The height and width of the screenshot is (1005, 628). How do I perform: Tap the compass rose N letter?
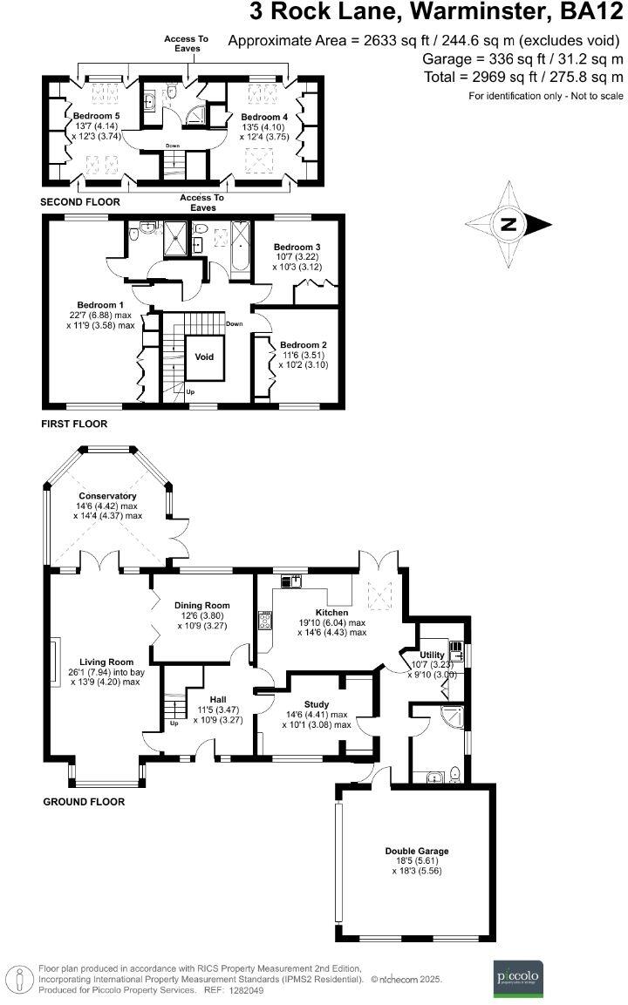pos(508,225)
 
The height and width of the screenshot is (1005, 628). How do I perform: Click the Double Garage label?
pos(416,851)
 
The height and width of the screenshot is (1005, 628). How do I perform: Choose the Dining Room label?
pos(202,605)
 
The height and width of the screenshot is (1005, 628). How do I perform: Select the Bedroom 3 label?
pos(298,247)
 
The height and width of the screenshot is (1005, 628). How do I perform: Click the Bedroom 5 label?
pos(97,116)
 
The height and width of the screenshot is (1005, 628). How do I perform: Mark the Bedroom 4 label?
pos(264,117)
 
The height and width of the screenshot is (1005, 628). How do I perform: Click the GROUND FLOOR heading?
pos(84,802)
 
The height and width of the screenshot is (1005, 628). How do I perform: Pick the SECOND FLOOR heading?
pos(80,202)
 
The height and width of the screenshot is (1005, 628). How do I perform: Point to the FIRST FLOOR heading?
pos(74,424)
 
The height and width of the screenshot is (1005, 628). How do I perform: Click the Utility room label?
pos(433,655)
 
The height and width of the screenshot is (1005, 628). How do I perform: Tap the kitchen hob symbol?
pos(263,622)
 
